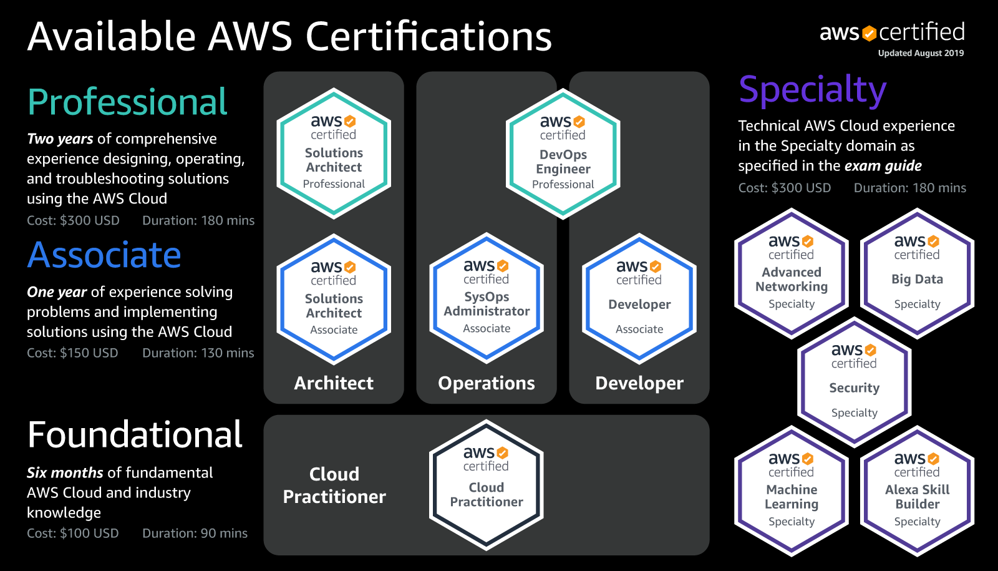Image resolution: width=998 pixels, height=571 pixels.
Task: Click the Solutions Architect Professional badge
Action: click(x=334, y=153)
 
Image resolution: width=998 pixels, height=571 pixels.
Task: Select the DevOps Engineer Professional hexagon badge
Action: click(x=563, y=154)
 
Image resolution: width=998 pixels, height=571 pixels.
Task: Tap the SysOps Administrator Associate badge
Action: click(x=487, y=298)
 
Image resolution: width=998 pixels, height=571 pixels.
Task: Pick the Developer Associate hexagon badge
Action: click(x=639, y=299)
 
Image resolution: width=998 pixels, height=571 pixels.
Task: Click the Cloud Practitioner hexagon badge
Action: click(x=487, y=485)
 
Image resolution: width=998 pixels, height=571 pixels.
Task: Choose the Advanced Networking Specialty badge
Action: click(x=792, y=273)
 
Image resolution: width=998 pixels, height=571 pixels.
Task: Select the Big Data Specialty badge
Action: click(x=917, y=273)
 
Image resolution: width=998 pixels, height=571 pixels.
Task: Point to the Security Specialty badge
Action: click(x=854, y=382)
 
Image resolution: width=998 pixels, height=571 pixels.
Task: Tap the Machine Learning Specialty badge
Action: click(x=792, y=491)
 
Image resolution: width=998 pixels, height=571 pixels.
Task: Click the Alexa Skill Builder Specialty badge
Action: click(x=917, y=491)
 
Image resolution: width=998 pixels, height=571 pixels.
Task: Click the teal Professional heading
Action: click(x=127, y=102)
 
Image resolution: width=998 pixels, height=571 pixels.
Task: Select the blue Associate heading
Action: click(x=104, y=255)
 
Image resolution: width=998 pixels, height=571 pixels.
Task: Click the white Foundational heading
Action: click(x=135, y=435)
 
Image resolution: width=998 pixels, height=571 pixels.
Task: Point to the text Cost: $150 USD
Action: click(x=72, y=353)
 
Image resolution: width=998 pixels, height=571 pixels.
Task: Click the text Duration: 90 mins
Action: click(x=195, y=534)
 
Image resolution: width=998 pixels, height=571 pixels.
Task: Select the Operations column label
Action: click(x=487, y=383)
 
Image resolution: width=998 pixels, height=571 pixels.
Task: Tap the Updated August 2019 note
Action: click(x=921, y=53)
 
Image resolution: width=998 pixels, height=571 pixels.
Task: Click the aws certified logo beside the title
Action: click(x=892, y=32)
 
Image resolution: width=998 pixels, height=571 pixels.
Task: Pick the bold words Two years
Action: click(x=60, y=139)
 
